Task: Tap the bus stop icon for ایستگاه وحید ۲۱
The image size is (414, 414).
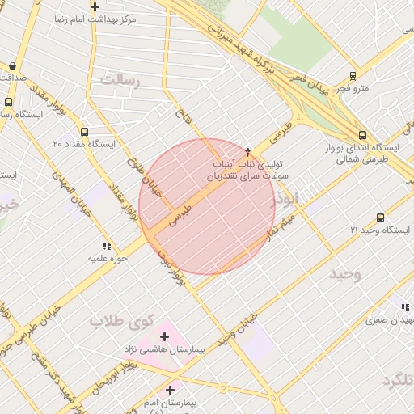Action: click(x=380, y=218)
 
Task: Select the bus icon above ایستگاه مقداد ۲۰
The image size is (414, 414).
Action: click(x=84, y=131)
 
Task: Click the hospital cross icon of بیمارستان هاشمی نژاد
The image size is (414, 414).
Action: click(x=166, y=336)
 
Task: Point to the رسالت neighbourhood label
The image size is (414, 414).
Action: click(x=120, y=80)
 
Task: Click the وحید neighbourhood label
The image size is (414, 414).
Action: click(x=345, y=273)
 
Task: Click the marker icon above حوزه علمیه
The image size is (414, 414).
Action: click(x=105, y=246)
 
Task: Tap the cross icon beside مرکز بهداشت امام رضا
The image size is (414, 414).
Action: click(x=95, y=6)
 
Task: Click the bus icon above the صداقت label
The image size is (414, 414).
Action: click(x=12, y=65)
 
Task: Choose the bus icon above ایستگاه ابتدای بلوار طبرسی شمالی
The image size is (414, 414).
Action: click(x=361, y=136)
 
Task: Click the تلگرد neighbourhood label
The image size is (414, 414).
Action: click(x=394, y=381)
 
